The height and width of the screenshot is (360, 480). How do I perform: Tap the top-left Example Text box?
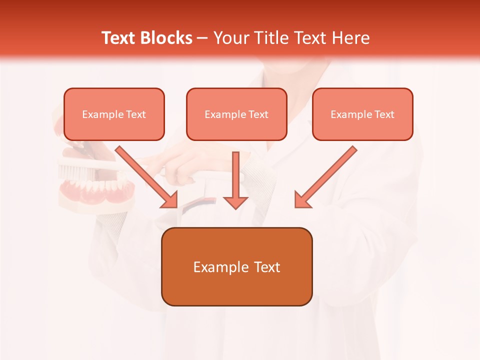click(114, 114)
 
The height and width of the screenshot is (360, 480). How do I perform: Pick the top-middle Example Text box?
click(236, 114)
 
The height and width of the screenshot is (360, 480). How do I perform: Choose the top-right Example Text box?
click(362, 114)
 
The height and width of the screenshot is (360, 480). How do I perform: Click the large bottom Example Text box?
click(236, 266)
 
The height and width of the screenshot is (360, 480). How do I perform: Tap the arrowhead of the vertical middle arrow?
click(235, 202)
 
